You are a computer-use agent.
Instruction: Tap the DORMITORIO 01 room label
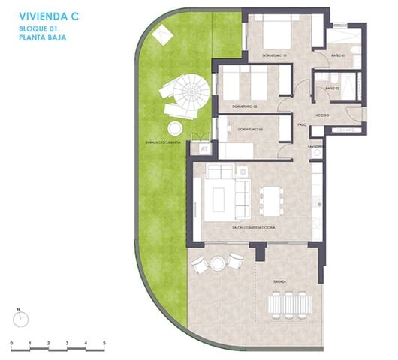point(276,55)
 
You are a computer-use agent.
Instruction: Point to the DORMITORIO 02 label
point(244,106)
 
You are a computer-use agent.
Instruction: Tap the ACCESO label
point(322,115)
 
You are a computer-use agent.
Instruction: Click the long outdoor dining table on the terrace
point(290,304)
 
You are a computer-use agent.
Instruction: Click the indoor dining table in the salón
point(269,199)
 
